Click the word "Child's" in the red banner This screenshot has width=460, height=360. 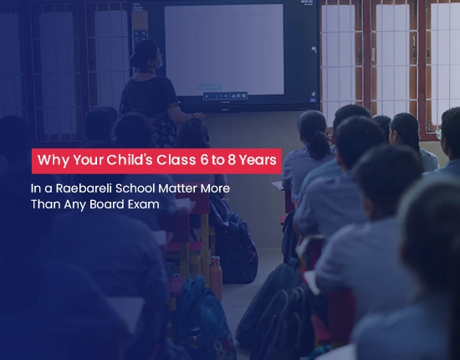click(x=130, y=160)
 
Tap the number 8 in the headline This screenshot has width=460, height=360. click(x=232, y=161)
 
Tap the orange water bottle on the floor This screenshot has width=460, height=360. click(x=215, y=276)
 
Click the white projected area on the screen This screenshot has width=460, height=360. click(x=224, y=49)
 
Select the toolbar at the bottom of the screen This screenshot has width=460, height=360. click(x=225, y=95)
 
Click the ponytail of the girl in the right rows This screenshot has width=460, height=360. click(x=319, y=145)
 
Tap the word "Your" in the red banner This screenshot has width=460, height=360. click(x=88, y=160)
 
